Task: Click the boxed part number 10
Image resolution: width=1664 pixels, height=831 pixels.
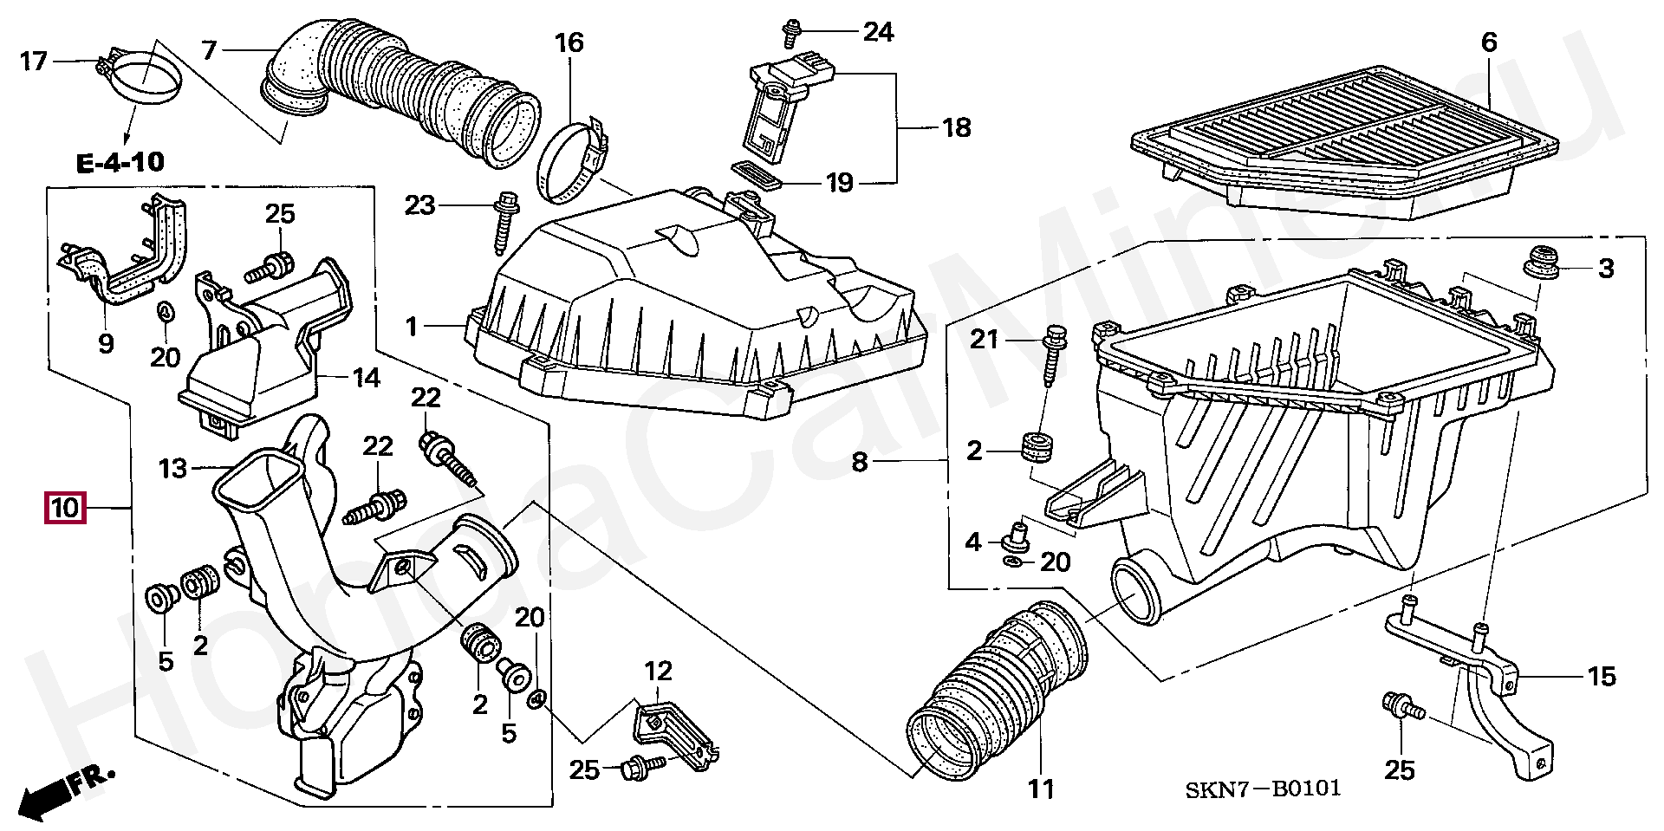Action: pyautogui.click(x=65, y=508)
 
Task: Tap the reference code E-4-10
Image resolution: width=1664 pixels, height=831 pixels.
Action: pyautogui.click(x=120, y=162)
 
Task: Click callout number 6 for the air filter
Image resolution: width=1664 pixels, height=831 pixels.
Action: pyautogui.click(x=1488, y=42)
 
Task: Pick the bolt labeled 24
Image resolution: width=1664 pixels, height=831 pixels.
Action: pyautogui.click(x=790, y=33)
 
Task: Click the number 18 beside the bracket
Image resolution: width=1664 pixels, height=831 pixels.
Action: pyautogui.click(x=956, y=128)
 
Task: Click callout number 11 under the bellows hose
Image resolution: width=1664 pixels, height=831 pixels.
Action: pyautogui.click(x=1041, y=789)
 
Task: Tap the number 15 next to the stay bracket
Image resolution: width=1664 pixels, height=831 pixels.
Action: pyautogui.click(x=1602, y=677)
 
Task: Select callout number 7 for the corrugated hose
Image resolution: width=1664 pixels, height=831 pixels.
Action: pyautogui.click(x=209, y=50)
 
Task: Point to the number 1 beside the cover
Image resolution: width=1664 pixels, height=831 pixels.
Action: pyautogui.click(x=413, y=327)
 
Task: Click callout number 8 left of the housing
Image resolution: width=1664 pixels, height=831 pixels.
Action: pyautogui.click(x=859, y=462)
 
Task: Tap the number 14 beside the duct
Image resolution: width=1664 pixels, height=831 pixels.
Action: pyautogui.click(x=367, y=378)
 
